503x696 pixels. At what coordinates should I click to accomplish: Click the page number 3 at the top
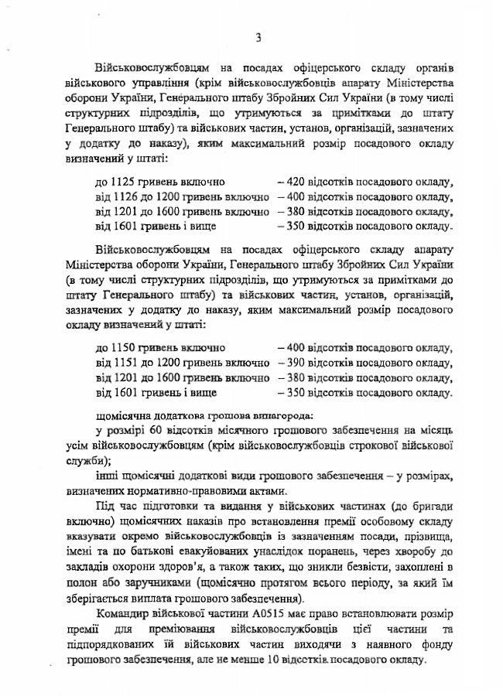[x=258, y=36]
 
